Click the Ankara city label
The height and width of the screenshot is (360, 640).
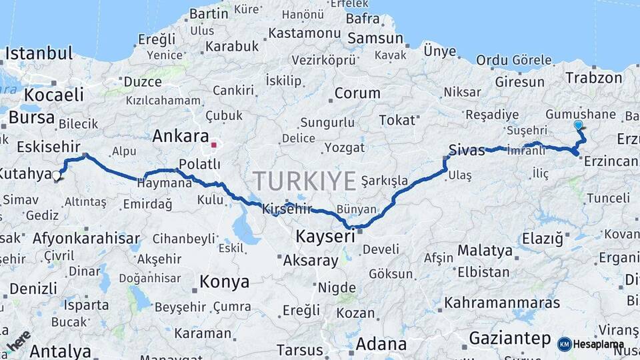click(x=180, y=137)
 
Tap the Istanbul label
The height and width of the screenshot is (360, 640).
click(x=39, y=54)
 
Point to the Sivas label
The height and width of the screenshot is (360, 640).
click(x=467, y=150)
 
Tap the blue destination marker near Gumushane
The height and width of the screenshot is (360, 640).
click(x=578, y=125)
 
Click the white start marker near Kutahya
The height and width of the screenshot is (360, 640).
click(x=57, y=177)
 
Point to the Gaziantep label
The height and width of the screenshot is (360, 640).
click(x=510, y=338)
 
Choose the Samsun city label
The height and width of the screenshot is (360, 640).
click(x=375, y=39)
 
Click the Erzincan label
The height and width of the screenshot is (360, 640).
click(x=610, y=161)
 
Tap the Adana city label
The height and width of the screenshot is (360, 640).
click(x=381, y=345)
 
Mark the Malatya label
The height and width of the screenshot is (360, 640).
click(x=485, y=251)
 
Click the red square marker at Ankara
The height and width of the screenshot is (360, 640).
click(x=214, y=144)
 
